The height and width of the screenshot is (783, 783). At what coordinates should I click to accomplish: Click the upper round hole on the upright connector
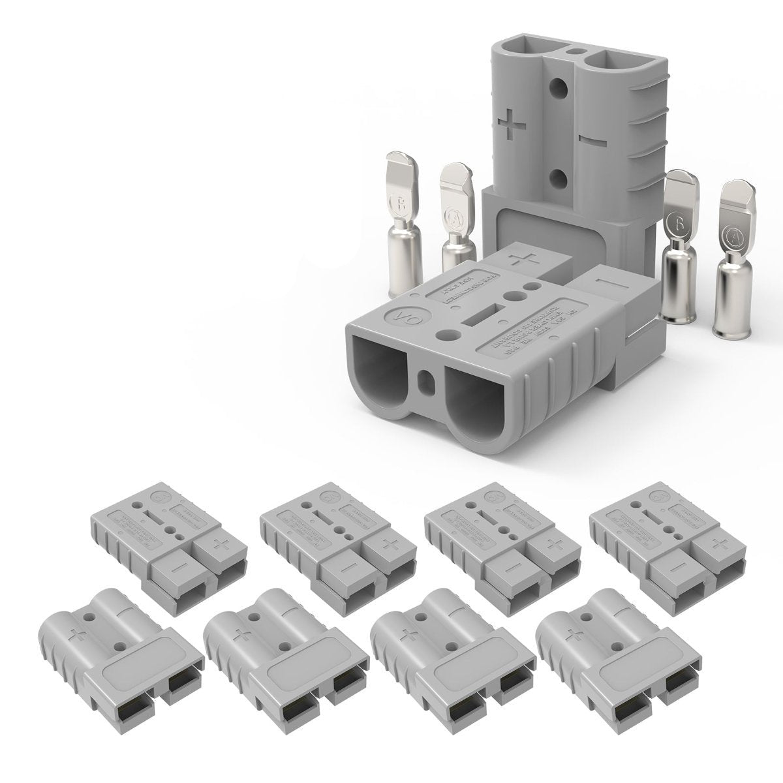556,87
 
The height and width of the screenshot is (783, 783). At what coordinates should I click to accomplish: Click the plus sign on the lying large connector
526,259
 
